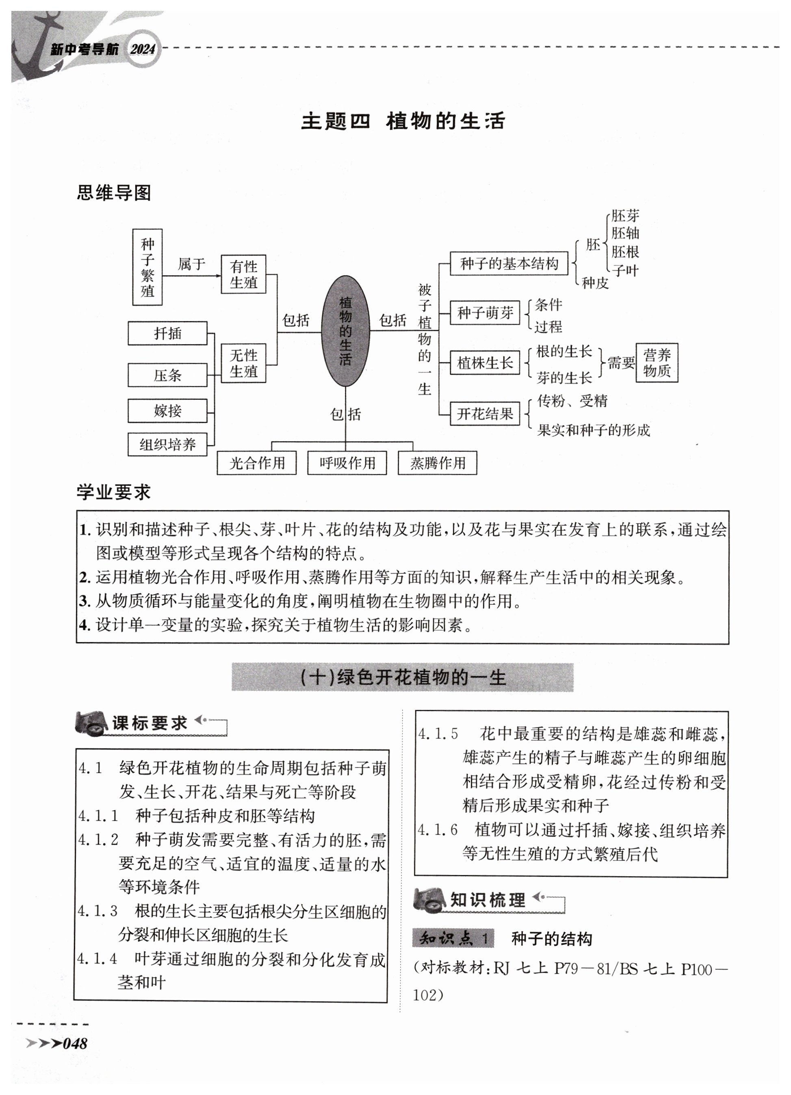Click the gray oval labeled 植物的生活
click(345, 331)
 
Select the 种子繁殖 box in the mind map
click(147, 267)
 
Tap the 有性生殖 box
click(243, 274)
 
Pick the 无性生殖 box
click(243, 363)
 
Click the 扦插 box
click(167, 333)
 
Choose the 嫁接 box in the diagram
click(167, 411)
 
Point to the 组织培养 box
click(167, 444)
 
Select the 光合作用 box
click(257, 463)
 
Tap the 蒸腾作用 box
click(437, 463)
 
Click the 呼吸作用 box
click(347, 463)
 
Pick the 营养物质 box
click(657, 363)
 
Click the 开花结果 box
click(485, 414)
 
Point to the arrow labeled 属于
click(191, 275)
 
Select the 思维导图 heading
click(114, 193)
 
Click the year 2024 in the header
click(143, 49)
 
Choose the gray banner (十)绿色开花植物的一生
click(403, 677)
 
